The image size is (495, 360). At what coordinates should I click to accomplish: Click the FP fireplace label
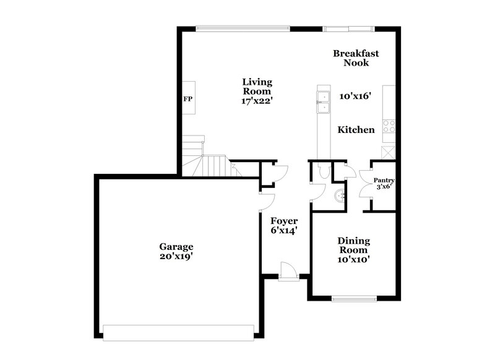tap(187, 98)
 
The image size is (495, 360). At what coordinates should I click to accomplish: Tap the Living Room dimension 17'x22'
tap(257, 101)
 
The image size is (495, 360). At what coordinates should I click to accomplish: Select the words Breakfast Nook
tap(356, 58)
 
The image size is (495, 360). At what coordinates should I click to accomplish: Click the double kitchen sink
tap(323, 102)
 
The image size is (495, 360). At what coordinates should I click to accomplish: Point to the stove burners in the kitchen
tap(389, 126)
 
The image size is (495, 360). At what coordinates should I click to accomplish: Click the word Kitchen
tap(356, 130)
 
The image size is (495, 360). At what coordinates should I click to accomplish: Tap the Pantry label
tap(384, 180)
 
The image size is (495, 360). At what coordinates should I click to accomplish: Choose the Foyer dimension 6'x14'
tap(284, 231)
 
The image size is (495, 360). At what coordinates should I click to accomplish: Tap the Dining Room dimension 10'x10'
tap(353, 260)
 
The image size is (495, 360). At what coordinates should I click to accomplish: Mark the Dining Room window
tap(353, 299)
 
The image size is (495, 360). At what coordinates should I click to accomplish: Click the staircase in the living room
tap(210, 165)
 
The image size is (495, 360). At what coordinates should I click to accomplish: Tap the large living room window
tap(243, 28)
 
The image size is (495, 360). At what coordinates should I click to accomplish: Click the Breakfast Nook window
tap(348, 28)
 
